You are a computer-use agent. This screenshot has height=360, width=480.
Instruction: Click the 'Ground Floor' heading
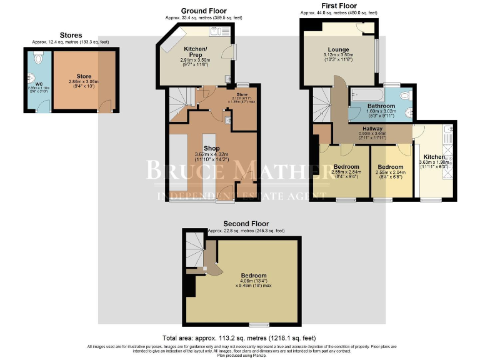tap(203, 11)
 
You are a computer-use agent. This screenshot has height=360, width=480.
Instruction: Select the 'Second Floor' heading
tap(246, 223)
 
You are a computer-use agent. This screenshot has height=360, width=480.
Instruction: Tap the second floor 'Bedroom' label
tap(254, 276)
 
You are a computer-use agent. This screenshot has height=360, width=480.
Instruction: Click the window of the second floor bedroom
tap(257, 324)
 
